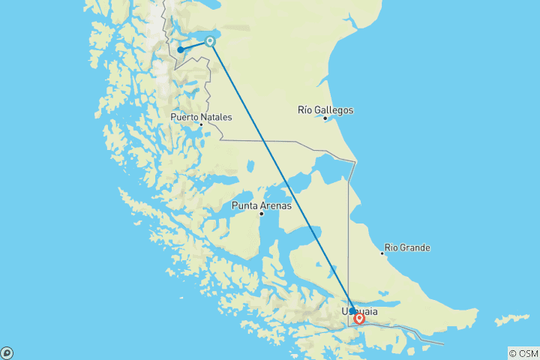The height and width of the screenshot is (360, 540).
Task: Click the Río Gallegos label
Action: (x=325, y=110)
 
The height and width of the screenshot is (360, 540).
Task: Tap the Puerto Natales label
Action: (x=200, y=117)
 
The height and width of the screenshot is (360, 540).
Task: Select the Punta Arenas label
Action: (x=262, y=205)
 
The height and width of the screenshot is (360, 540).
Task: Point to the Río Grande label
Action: (x=407, y=247)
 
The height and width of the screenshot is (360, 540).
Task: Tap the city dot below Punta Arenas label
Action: (x=261, y=214)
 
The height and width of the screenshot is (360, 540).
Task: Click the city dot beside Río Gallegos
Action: (x=325, y=118)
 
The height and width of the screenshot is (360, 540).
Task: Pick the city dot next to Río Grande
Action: (x=382, y=253)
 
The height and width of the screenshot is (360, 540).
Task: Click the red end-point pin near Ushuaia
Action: (x=359, y=319)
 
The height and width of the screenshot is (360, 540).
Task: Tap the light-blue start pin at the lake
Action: (x=211, y=41)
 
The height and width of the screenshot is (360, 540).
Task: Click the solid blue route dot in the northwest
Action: (x=181, y=50)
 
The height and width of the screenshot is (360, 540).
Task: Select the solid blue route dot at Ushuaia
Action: (x=352, y=310)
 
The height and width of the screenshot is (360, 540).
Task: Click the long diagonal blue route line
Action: (x=281, y=175)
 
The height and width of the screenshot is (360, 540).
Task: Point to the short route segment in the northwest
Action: (x=195, y=46)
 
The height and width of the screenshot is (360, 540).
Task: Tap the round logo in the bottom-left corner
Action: (x=7, y=352)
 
